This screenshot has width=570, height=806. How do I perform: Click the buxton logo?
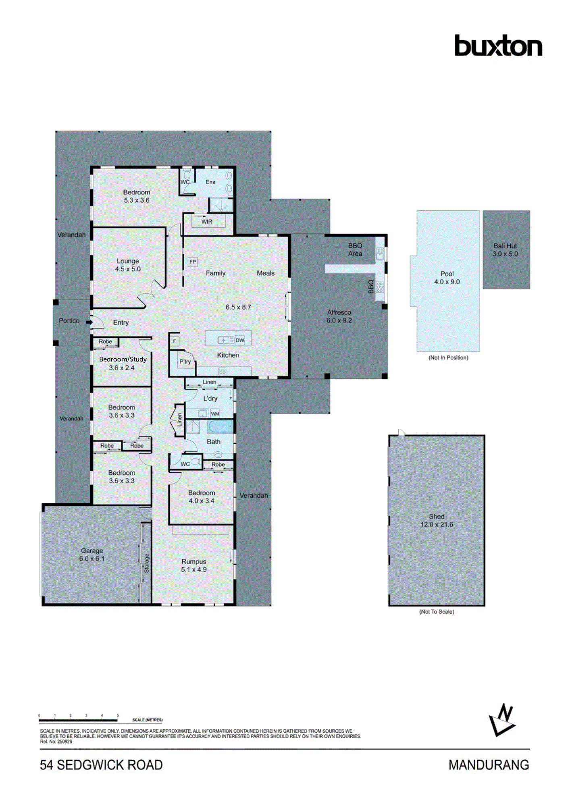(498, 46)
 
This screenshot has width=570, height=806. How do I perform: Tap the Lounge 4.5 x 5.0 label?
(128, 265)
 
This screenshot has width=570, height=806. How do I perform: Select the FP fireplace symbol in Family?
(193, 262)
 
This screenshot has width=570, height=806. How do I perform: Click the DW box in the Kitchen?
(240, 340)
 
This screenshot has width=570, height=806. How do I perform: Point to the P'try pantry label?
(185, 361)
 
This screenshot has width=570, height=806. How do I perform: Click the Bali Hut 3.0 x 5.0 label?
(505, 250)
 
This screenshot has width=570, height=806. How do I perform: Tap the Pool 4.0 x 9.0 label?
(447, 278)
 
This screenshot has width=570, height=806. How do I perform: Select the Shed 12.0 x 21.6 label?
(437, 520)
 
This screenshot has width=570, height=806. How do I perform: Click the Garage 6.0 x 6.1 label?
(92, 555)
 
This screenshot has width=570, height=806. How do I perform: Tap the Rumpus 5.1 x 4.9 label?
(193, 565)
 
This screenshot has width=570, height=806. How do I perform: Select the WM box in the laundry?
(215, 414)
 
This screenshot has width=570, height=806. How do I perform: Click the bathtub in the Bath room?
(220, 426)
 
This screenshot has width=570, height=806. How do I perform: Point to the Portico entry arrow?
(89, 322)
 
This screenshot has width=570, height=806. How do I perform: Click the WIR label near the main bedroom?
(207, 222)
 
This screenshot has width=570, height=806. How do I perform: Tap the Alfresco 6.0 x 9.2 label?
(339, 316)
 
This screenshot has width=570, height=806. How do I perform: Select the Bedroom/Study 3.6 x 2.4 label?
(123, 363)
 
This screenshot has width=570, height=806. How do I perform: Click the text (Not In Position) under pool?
(448, 358)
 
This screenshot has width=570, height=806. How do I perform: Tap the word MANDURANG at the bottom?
(489, 765)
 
